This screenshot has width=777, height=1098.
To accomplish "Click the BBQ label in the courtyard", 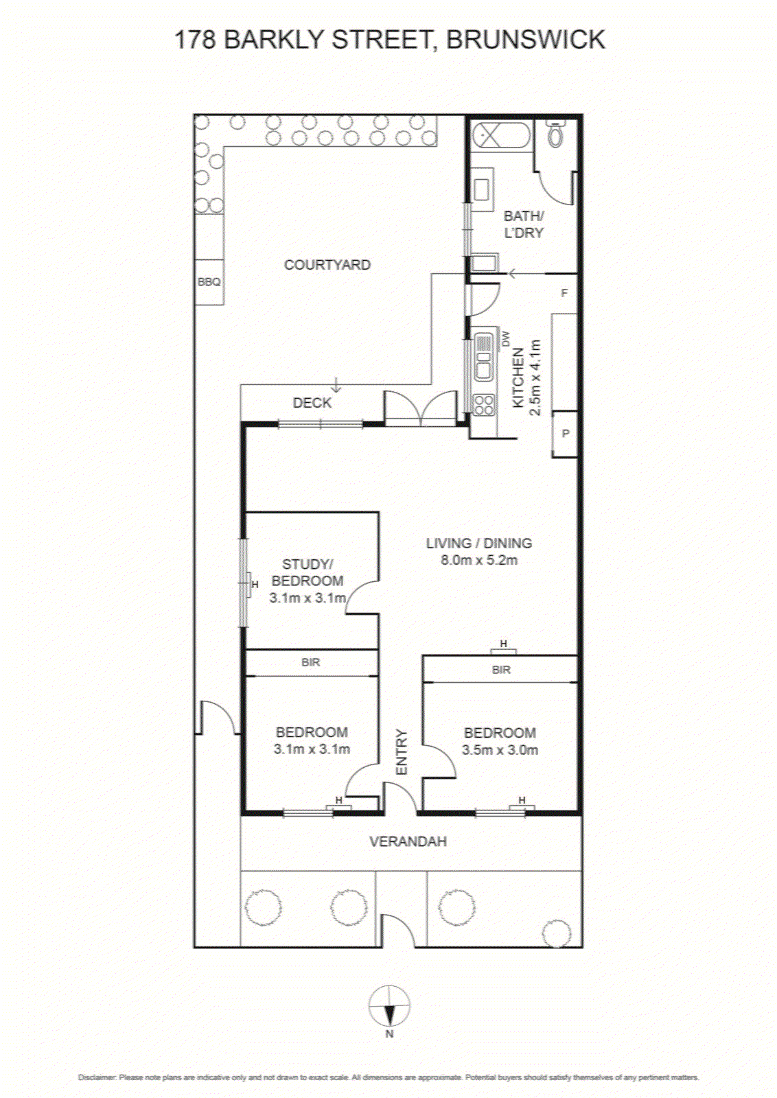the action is (209, 282).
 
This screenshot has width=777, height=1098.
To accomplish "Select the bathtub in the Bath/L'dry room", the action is (500, 135).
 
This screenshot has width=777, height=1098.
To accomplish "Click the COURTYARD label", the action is (327, 265).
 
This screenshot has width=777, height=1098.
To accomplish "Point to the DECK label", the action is (312, 403).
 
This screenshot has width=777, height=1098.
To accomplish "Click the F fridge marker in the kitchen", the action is (564, 293).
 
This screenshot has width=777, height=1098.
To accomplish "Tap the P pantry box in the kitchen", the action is (565, 433).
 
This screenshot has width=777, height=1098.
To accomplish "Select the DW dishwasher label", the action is (506, 338).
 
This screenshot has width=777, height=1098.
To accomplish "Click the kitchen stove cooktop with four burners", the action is (484, 406).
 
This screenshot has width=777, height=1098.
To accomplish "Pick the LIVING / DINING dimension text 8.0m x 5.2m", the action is (479, 560).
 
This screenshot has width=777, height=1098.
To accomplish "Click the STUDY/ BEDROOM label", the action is (308, 572).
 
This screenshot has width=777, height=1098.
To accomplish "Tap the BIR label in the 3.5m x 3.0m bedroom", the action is (501, 670).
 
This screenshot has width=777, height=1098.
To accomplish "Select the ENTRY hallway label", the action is (402, 752).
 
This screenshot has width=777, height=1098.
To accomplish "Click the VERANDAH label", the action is (408, 841).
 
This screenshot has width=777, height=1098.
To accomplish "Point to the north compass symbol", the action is (389, 1005).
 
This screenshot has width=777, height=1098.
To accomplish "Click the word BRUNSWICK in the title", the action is (526, 40).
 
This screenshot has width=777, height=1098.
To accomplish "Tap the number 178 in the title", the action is (195, 40).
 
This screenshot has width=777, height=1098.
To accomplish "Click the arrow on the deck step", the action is (336, 385).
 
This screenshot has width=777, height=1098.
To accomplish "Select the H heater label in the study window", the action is (255, 585).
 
